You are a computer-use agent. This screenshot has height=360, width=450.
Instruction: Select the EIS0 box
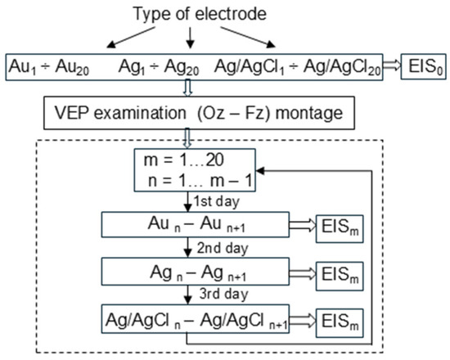tap(423, 65)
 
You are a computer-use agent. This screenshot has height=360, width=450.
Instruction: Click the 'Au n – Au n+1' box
tap(189, 226)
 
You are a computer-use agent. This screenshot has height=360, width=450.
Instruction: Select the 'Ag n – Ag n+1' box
tap(189, 271)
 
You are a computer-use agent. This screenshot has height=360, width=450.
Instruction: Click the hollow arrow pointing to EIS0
tap(387, 65)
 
